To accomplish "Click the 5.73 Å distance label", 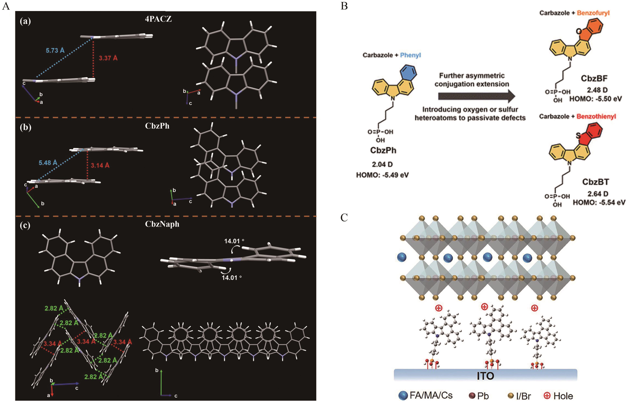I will click(x=55, y=50).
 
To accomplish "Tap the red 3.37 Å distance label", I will click(x=108, y=58).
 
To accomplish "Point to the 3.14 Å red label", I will click(x=100, y=165).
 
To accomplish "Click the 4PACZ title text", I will click(x=158, y=19).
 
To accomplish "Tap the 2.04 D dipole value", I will click(x=382, y=164).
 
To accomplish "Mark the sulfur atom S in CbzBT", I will click(x=578, y=135).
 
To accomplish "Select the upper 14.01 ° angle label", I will click(x=234, y=241).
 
